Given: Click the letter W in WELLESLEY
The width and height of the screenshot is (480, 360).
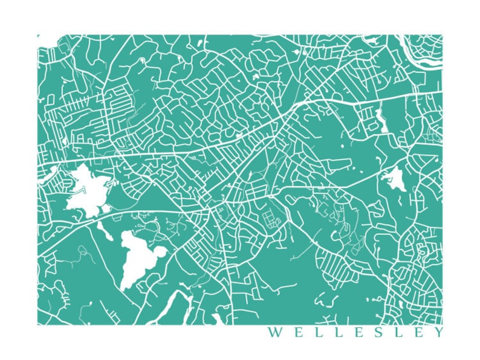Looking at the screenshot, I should pyautogui.click(x=274, y=333).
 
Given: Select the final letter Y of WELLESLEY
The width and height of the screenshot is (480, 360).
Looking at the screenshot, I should pyautogui.click(x=438, y=333).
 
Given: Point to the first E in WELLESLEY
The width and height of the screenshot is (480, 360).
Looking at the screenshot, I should pyautogui.click(x=294, y=333).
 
